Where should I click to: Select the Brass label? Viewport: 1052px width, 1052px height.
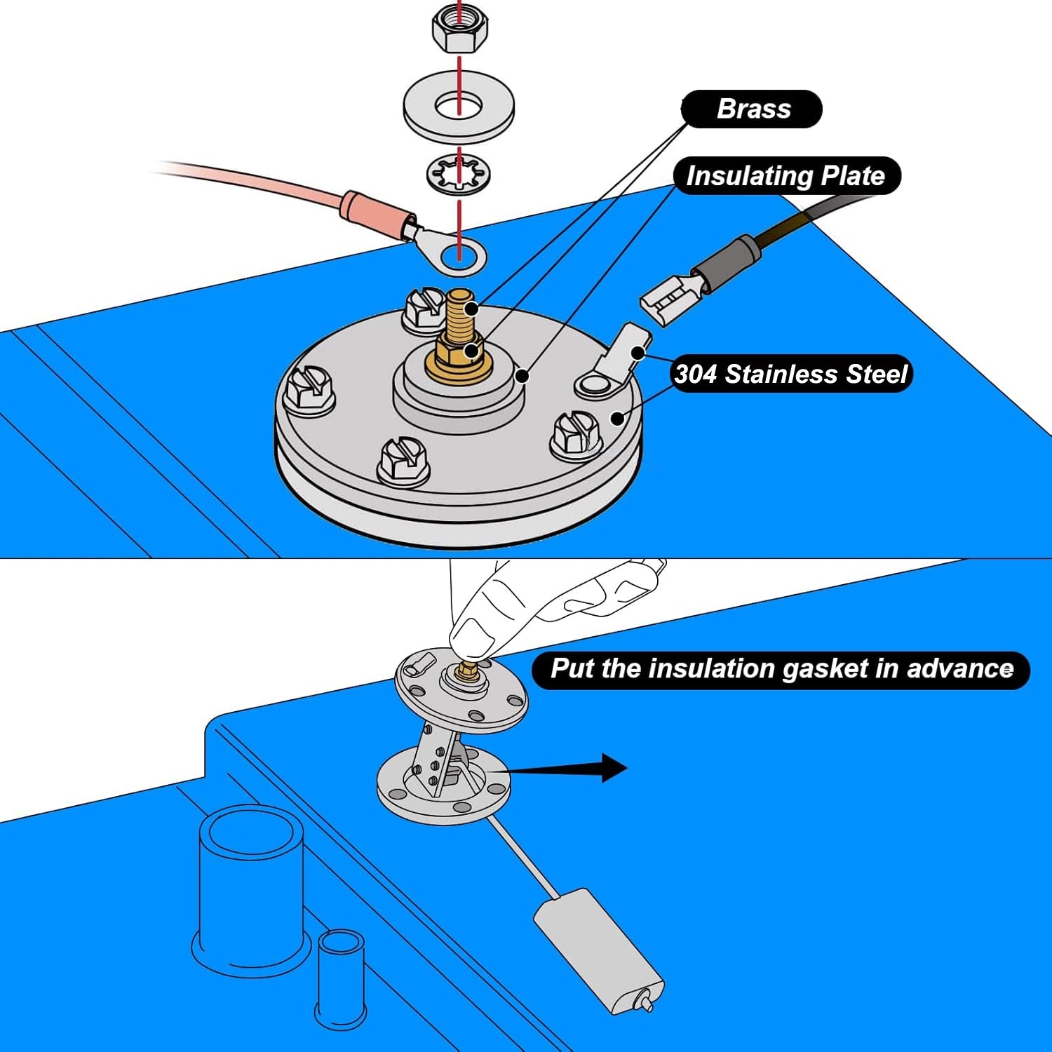click(x=752, y=109)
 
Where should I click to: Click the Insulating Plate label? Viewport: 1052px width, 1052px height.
click(x=785, y=175)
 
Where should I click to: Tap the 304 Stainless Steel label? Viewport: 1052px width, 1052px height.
click(x=791, y=374)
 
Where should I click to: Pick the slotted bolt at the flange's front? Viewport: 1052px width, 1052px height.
click(x=404, y=462)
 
